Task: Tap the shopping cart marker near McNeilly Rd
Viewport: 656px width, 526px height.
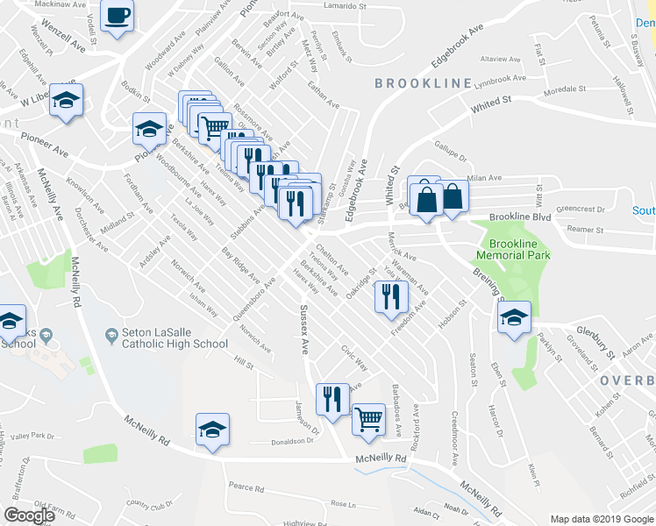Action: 368,419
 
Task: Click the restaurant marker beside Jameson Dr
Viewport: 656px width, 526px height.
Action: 331,399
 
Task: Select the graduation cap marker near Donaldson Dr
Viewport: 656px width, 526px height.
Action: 211,430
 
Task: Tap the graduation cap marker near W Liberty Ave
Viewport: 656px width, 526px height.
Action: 66,101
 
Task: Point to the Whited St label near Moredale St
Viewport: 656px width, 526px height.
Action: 490,103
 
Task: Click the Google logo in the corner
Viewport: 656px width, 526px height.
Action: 29,515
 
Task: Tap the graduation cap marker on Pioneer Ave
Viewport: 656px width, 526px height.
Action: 150,130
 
